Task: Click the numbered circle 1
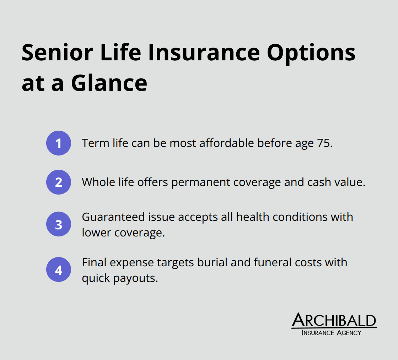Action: coord(59,143)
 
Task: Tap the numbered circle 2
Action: coord(59,182)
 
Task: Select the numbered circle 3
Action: coord(59,224)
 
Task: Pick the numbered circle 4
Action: coord(59,269)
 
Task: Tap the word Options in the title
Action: coord(311,53)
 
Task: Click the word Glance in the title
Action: coord(109,83)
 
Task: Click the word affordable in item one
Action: coord(221,143)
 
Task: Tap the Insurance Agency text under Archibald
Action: coord(331,333)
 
